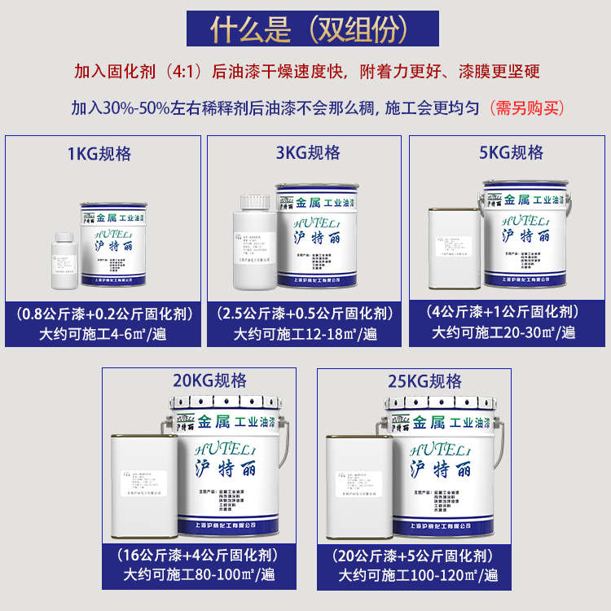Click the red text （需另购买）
coord(525,108)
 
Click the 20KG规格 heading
coord(209,380)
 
